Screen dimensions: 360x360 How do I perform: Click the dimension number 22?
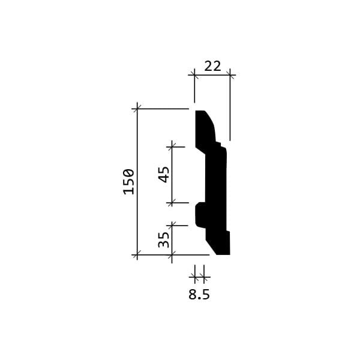[x=212, y=66]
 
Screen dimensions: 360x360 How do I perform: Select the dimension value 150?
[x=128, y=182]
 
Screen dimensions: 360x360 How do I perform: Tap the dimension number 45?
[x=164, y=175]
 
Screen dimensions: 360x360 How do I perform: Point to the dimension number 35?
[x=164, y=239]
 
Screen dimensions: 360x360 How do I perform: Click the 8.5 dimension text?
[x=199, y=295]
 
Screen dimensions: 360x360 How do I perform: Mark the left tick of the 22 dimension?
[x=194, y=75]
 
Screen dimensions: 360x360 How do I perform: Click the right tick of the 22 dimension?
[x=230, y=75]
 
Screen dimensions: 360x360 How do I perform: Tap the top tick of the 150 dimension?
[x=137, y=109]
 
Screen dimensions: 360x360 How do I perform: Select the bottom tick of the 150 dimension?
[x=137, y=254]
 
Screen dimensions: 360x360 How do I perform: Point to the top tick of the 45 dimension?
[x=172, y=147]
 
